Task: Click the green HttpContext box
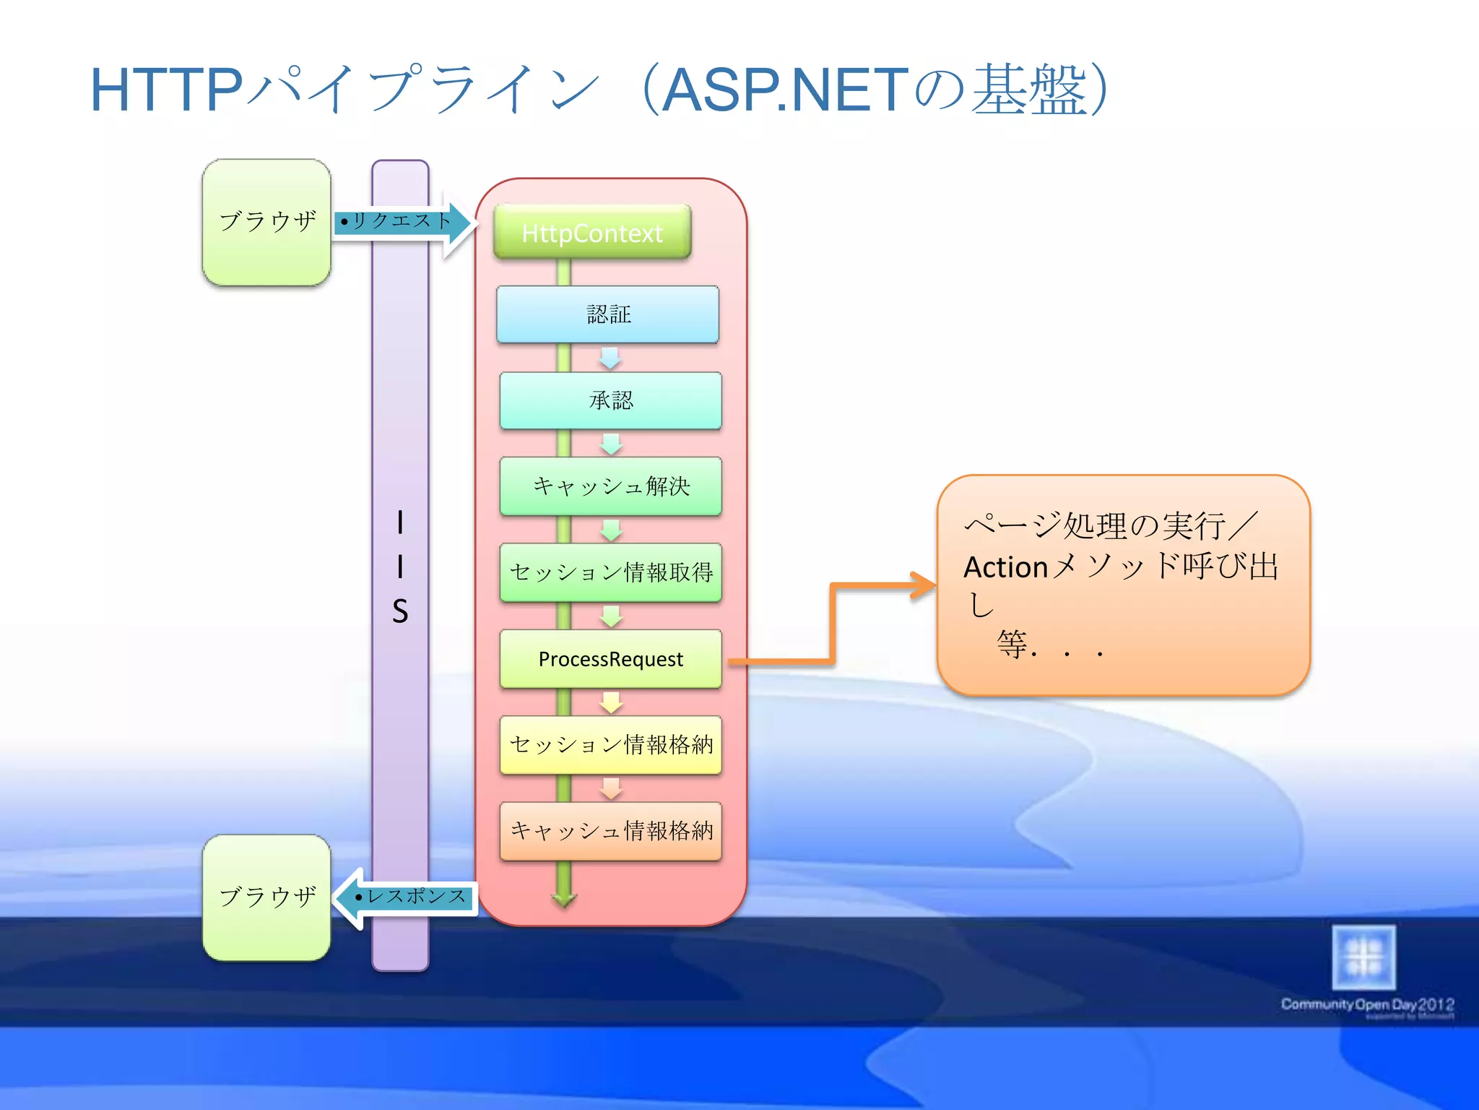click(592, 233)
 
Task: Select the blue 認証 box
click(608, 314)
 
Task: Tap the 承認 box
click(610, 400)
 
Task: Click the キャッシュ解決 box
click(610, 486)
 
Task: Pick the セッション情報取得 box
click(610, 572)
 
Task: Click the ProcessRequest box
click(610, 658)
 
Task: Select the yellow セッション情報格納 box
click(610, 744)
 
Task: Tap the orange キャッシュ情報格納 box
click(610, 830)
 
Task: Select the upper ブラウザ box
click(266, 222)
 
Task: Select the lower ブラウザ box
click(266, 898)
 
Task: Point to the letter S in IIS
click(400, 611)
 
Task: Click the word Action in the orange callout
click(1005, 567)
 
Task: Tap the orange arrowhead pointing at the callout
click(924, 585)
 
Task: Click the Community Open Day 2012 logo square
click(1363, 957)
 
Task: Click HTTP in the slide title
click(166, 90)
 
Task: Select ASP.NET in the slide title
click(784, 90)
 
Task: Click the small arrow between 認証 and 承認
click(610, 358)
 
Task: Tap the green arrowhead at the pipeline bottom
click(563, 899)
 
